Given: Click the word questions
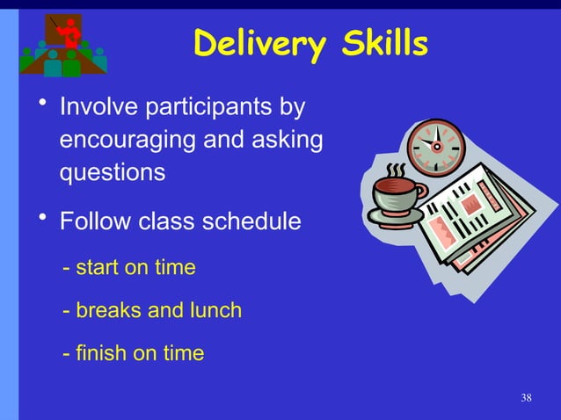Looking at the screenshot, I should click(112, 173).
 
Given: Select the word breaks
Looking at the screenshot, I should click(108, 310).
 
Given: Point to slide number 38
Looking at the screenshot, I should click(526, 398).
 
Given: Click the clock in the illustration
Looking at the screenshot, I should click(435, 147).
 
